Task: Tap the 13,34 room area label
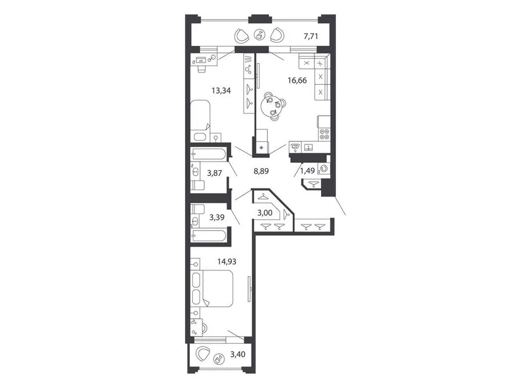click(x=221, y=91)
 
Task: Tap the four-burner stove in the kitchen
click(x=324, y=134)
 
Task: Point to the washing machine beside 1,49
click(x=324, y=168)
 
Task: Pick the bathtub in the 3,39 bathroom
click(x=208, y=236)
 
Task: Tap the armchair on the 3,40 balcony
click(x=203, y=355)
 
